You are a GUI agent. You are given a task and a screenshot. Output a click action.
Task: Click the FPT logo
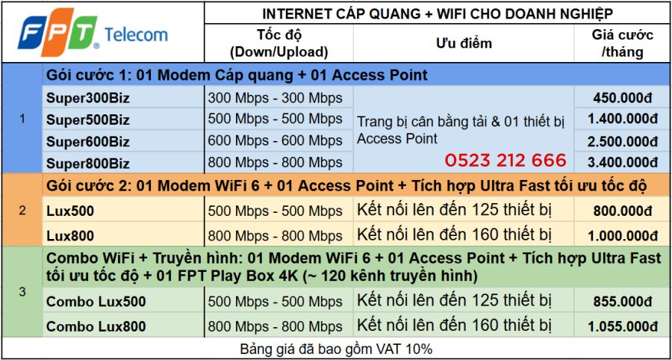[57, 34]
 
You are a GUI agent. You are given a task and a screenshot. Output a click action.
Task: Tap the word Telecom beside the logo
[136, 34]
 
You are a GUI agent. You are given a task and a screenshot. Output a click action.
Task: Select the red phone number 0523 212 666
[505, 161]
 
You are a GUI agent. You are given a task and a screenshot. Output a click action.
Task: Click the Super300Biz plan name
[87, 98]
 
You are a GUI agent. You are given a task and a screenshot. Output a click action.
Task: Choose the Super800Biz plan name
[87, 164]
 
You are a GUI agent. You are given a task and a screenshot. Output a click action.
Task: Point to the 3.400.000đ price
[622, 161]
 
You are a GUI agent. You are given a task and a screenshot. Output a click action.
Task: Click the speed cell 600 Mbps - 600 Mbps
[275, 140]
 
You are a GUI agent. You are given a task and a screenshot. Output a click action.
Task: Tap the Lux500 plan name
[70, 211]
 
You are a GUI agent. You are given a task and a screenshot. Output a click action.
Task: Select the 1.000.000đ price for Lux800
[622, 236]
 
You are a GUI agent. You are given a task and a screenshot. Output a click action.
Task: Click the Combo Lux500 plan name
[96, 302]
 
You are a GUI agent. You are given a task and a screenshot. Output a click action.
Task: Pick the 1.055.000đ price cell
[622, 326]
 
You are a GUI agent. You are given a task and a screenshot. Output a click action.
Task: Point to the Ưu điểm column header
[464, 43]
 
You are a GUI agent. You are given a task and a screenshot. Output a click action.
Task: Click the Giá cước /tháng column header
[622, 43]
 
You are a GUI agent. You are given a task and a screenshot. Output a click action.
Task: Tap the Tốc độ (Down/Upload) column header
[279, 43]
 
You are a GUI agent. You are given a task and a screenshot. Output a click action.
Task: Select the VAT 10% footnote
[336, 349]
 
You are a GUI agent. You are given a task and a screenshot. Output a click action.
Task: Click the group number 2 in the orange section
[22, 211]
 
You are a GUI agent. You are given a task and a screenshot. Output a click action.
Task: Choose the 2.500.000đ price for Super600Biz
[622, 140]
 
